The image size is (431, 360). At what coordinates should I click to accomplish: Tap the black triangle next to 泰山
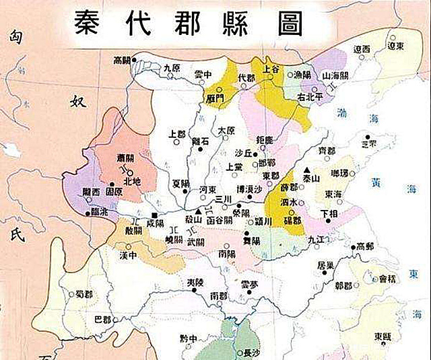306,170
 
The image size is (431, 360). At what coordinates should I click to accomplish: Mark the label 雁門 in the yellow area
215,98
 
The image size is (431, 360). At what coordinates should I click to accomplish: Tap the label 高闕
123,60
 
